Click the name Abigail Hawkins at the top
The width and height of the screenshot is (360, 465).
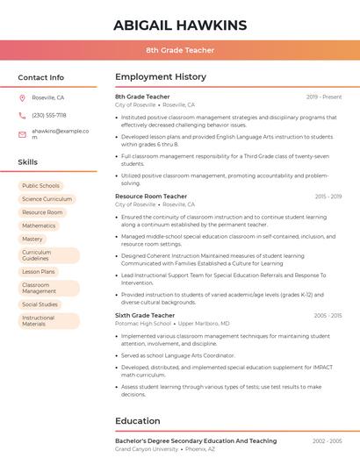tap(180, 25)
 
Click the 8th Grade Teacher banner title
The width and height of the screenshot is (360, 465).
tap(180, 50)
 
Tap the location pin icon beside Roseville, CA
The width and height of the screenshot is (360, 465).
tap(22, 97)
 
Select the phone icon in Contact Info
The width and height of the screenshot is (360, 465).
tap(22, 115)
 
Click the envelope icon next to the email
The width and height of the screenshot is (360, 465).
tap(22, 133)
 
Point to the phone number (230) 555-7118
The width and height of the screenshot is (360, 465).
tap(48, 115)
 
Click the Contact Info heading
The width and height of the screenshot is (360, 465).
tap(40, 77)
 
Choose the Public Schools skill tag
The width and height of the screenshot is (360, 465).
tap(40, 186)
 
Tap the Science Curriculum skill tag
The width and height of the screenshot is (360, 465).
tap(47, 199)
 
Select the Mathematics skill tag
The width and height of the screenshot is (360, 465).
tap(39, 225)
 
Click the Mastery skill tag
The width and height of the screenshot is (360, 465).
tap(32, 239)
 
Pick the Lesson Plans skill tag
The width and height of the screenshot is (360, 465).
tap(39, 272)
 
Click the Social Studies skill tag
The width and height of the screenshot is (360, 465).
tap(40, 304)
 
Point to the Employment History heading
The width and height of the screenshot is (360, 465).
tap(161, 77)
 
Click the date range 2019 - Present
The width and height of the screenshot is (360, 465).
tap(324, 97)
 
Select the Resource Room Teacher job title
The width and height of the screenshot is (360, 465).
tap(151, 197)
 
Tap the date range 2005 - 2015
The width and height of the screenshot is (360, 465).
tap(327, 315)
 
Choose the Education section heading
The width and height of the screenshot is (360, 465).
tap(138, 421)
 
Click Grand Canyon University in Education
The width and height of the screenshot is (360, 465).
tap(146, 449)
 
